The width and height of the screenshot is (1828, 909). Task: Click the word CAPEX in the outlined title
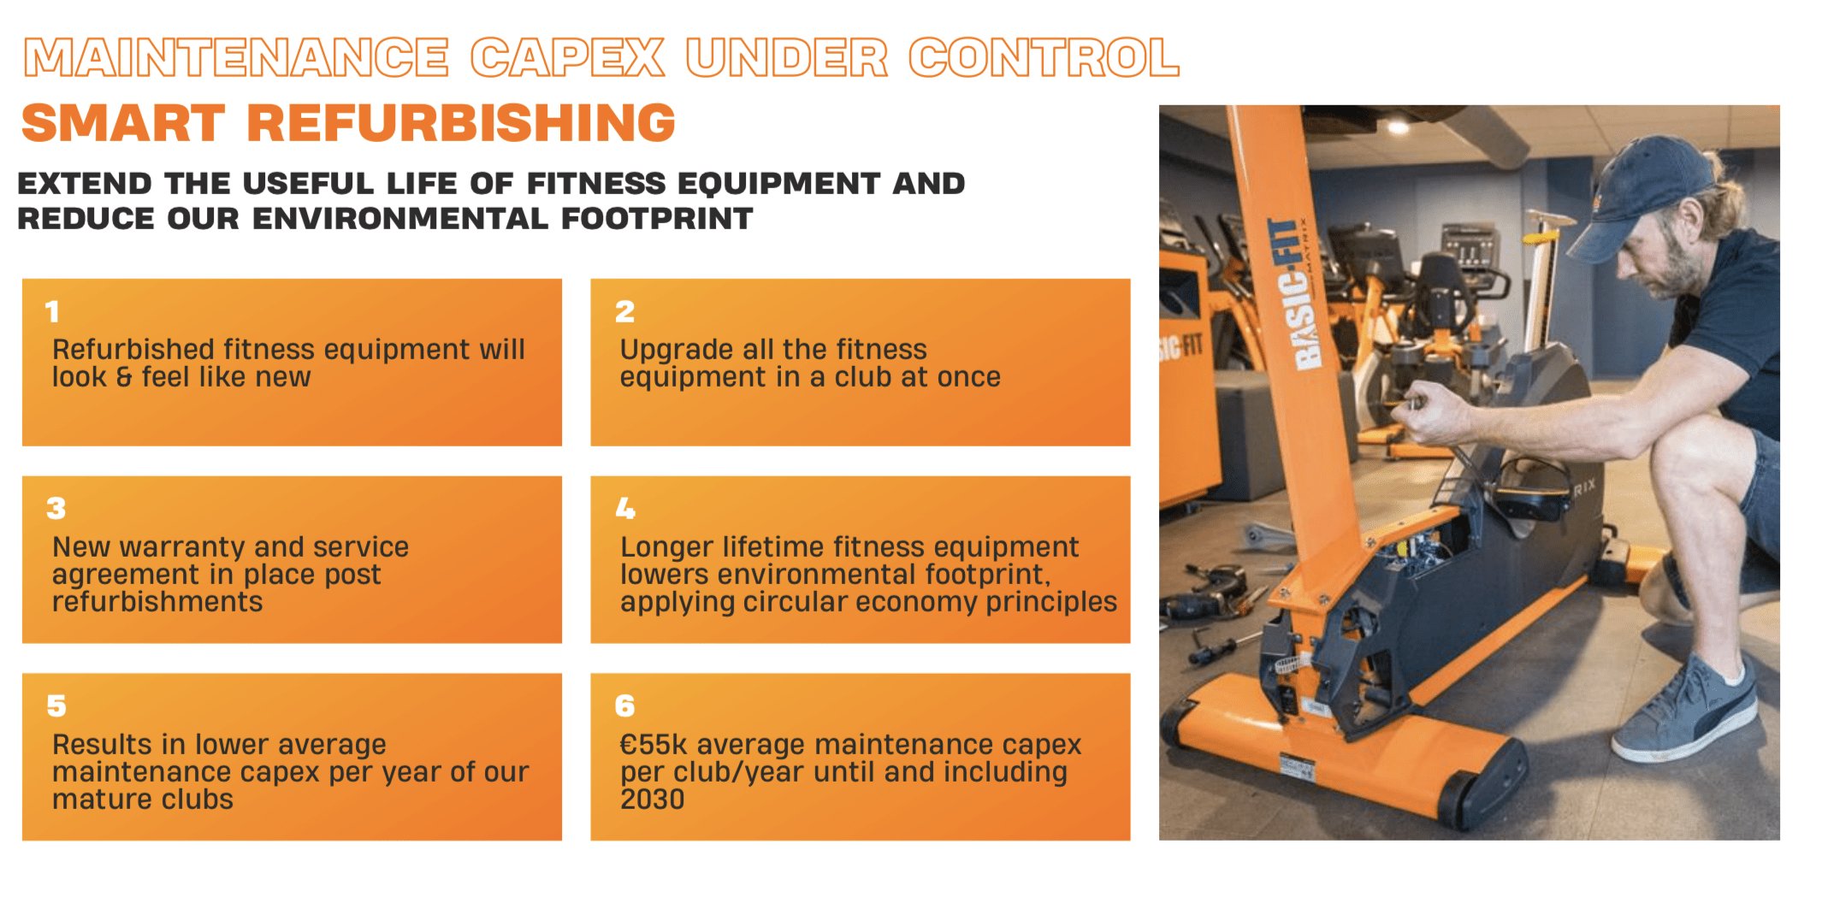pos(567,58)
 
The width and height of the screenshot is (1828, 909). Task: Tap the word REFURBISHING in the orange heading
pos(461,122)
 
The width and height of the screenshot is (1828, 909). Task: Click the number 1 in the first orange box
pos(53,311)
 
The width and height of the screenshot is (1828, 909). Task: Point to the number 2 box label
pos(625,311)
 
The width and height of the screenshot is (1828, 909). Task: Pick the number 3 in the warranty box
pos(56,509)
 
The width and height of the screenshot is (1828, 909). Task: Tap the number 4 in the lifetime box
pos(625,509)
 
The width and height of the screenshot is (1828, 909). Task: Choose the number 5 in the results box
pos(56,706)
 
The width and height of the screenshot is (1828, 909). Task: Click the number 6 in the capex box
pos(625,706)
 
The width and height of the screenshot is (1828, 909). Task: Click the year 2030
pos(653,800)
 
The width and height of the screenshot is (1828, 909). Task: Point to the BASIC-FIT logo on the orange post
pos(1297,293)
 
